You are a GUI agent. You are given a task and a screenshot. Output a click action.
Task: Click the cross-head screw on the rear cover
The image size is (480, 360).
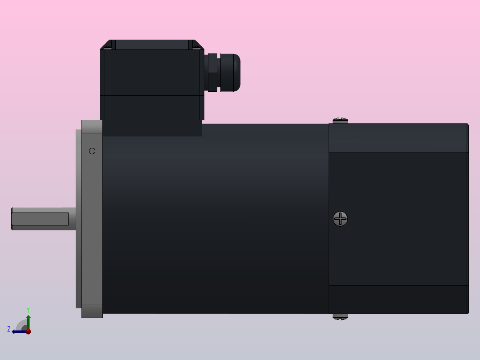[341, 219]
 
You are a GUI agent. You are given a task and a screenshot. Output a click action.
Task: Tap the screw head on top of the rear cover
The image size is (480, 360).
[340, 120]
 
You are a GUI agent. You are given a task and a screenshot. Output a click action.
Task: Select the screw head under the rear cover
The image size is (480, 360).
[340, 317]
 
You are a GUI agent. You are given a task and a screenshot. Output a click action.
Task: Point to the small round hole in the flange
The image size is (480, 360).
[92, 151]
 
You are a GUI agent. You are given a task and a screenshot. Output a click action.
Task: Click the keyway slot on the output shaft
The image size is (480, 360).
[40, 219]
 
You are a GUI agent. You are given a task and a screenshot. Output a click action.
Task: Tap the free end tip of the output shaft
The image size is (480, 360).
[12, 219]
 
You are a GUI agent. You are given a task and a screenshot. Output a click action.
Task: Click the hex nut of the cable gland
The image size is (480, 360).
[212, 73]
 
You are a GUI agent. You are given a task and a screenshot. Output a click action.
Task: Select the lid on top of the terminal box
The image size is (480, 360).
[152, 45]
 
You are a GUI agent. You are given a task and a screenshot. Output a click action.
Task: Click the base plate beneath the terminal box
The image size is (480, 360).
[152, 128]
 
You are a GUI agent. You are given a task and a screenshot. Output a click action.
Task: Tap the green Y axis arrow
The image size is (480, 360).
[28, 320]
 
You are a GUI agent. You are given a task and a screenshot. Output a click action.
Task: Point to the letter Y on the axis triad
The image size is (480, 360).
[28, 309]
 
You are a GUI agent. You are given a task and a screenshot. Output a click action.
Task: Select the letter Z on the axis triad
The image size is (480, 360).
[9, 329]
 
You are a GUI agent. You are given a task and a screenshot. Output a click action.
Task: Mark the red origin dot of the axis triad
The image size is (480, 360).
[28, 331]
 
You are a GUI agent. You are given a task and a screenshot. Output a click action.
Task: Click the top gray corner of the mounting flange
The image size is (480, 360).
[92, 127]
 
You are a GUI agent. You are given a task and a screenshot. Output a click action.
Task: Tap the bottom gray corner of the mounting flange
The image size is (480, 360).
[92, 311]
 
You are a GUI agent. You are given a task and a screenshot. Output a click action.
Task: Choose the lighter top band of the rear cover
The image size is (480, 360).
[398, 138]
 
